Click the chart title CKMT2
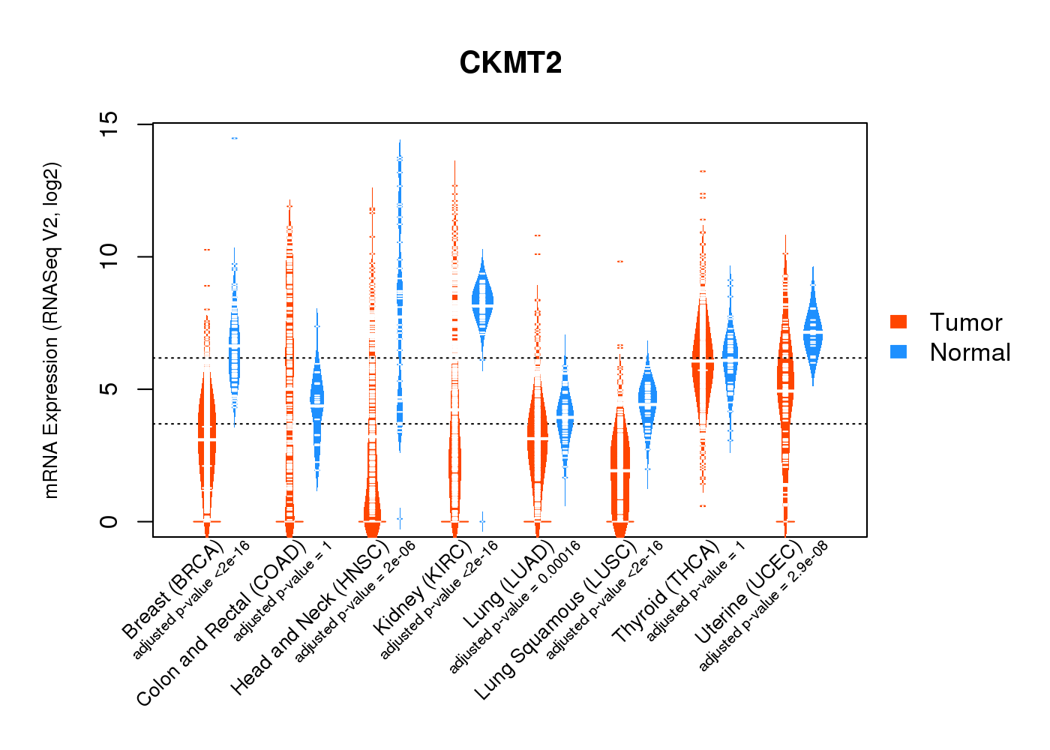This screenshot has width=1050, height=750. click(x=511, y=63)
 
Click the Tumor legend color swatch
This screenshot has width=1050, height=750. click(x=898, y=322)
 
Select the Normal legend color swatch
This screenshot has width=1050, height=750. click(x=898, y=352)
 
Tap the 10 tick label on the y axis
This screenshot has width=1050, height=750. click(x=109, y=256)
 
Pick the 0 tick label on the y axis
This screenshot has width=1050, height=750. click(x=109, y=521)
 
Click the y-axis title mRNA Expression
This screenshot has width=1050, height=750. click(x=51, y=330)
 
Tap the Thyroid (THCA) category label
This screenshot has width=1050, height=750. click(x=666, y=592)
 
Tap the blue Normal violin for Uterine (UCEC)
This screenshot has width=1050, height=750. click(x=812, y=330)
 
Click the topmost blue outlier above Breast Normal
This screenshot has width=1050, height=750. click(x=234, y=138)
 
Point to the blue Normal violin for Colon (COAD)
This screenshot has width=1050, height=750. click(x=317, y=409)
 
